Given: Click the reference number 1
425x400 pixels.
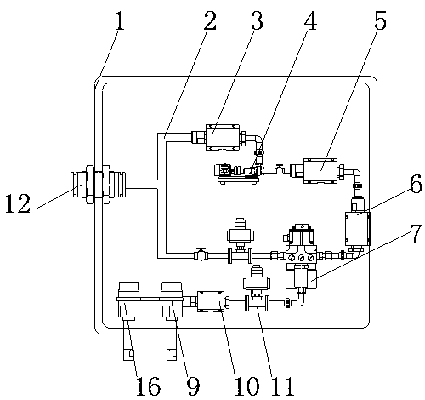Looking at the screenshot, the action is (120, 20).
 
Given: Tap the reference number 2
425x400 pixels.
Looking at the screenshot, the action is (210, 20).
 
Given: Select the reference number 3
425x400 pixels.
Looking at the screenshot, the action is (257, 20).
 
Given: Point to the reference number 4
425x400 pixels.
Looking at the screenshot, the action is (310, 20).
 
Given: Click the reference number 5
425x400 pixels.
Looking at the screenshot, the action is (380, 20).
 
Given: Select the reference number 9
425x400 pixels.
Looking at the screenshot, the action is (193, 386).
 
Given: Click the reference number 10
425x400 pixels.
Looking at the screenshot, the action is (246, 386).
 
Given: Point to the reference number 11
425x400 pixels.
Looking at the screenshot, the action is (282, 386).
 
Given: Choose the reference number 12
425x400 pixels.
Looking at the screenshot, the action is (18, 203).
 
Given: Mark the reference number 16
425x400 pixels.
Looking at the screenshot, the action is (148, 386).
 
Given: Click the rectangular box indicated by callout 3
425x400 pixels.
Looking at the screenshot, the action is (222, 137).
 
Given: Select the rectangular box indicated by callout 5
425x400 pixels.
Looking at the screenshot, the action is (320, 171).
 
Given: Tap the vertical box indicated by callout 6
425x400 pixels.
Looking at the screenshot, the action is (358, 229).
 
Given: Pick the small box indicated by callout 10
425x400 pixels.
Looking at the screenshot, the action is (210, 302).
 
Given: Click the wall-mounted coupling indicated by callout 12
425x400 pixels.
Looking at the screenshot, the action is (98, 185).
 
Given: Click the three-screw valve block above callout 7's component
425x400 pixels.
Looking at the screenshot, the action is (302, 257).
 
